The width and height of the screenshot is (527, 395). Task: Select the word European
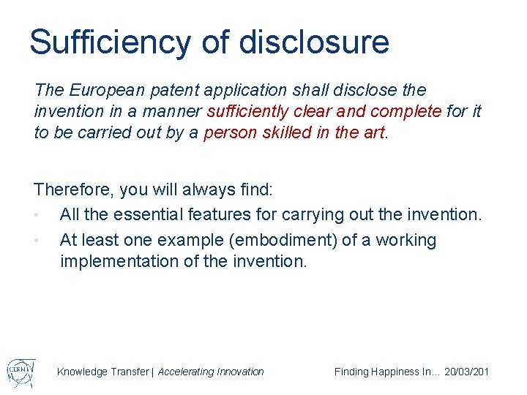pyautogui.click(x=102, y=90)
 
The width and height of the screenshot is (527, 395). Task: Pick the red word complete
pyautogui.click(x=405, y=111)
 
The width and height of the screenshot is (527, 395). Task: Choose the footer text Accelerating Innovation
pyautogui.click(x=211, y=372)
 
